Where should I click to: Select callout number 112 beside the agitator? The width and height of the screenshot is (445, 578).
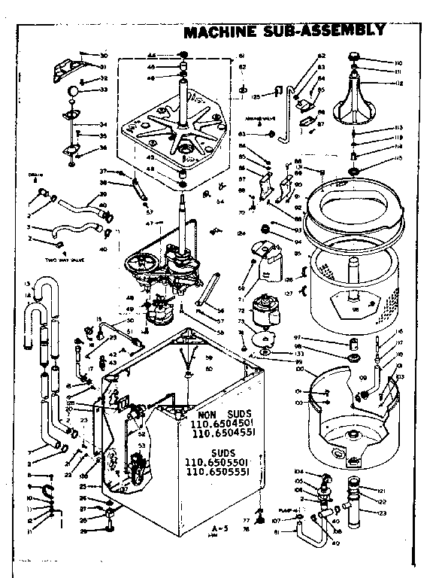[x=398, y=84]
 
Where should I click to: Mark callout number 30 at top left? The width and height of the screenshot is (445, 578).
[x=104, y=55]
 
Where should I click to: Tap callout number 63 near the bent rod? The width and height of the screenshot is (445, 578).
[x=243, y=134]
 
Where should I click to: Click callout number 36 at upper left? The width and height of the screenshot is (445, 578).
[x=104, y=148]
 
